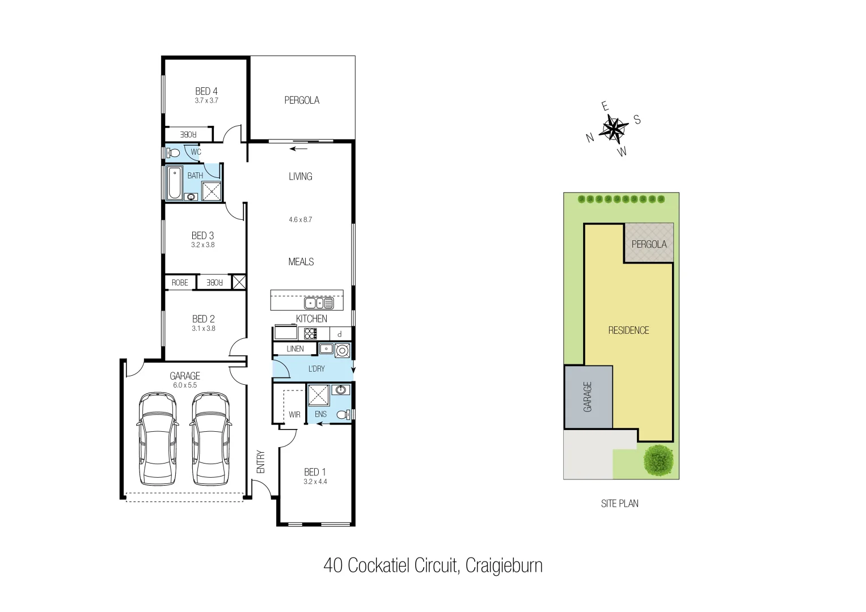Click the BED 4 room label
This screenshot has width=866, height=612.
click(206, 91)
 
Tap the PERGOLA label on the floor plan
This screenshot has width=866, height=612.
click(302, 100)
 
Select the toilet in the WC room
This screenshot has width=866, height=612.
click(173, 153)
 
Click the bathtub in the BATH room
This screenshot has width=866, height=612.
click(175, 182)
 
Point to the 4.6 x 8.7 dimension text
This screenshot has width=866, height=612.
click(300, 220)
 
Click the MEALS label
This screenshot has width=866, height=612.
click(301, 262)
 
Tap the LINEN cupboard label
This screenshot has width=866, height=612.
click(295, 349)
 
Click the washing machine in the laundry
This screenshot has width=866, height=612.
click(342, 351)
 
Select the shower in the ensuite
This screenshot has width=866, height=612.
click(318, 395)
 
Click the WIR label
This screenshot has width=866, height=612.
click(294, 415)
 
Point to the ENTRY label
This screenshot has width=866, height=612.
click(261, 462)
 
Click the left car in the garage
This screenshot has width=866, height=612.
click(158, 439)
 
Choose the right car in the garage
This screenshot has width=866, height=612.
click(210, 439)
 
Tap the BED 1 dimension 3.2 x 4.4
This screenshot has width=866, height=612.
click(315, 482)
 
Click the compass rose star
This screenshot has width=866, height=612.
click(613, 129)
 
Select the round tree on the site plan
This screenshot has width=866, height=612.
click(658, 460)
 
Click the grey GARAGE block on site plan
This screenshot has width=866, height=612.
click(588, 397)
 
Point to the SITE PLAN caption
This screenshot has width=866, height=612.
click(619, 503)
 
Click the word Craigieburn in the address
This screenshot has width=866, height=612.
click(504, 566)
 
